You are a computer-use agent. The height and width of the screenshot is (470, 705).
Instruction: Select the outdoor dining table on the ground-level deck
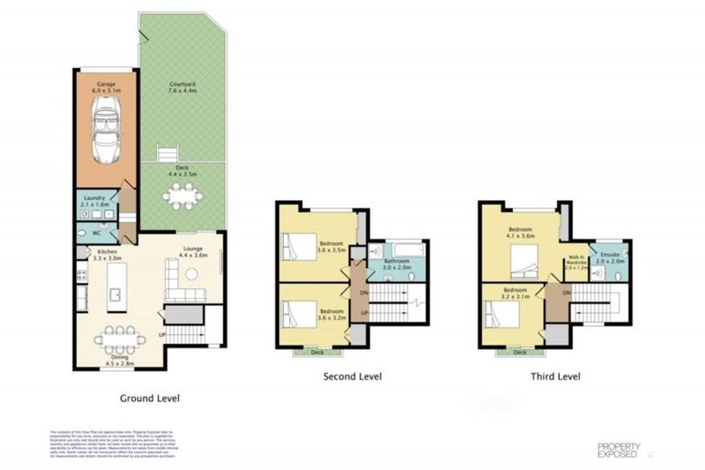(x=182, y=195)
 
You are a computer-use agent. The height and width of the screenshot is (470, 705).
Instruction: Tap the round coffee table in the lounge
(x=193, y=274)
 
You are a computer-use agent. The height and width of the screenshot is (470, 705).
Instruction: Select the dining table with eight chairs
(x=119, y=339)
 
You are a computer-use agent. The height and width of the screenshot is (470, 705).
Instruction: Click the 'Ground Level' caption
(x=150, y=398)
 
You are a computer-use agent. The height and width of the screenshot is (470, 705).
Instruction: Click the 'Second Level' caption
(x=352, y=376)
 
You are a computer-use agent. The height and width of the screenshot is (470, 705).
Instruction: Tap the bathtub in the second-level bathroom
(x=400, y=251)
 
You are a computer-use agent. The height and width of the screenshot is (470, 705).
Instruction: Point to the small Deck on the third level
(x=520, y=352)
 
